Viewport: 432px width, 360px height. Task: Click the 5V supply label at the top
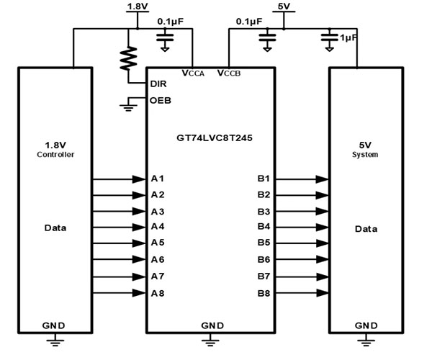point(284,6)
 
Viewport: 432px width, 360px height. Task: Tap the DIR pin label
point(158,84)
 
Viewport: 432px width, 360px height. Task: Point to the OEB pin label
point(160,100)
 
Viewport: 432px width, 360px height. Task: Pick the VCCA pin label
point(194,73)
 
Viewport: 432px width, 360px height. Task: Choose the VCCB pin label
point(229,73)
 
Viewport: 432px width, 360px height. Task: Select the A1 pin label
point(158,178)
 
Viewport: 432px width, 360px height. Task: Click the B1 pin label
point(264,178)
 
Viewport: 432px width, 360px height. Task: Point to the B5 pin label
point(264,243)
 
